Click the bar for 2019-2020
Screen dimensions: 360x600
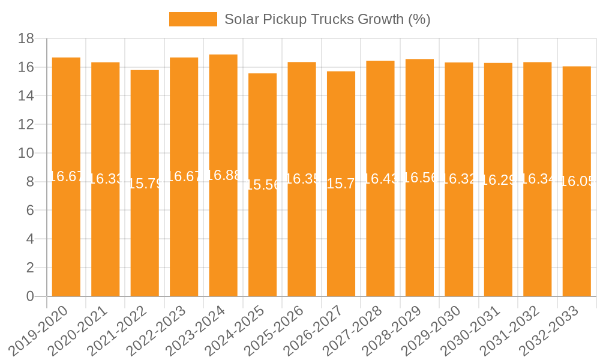pos(66,240)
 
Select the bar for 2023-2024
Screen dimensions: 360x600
pos(223,240)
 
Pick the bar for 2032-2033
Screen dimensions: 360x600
pos(577,240)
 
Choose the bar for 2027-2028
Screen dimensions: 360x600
pos(380,240)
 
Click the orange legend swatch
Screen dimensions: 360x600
pos(193,19)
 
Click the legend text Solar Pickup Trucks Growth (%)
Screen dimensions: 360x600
pos(327,19)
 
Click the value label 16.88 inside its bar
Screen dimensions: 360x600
pos(223,175)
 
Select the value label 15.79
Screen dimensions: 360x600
pos(145,184)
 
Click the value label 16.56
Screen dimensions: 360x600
pos(419,178)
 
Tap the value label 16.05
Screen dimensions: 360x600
pos(577,181)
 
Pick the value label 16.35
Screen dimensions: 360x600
pos(302,179)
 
